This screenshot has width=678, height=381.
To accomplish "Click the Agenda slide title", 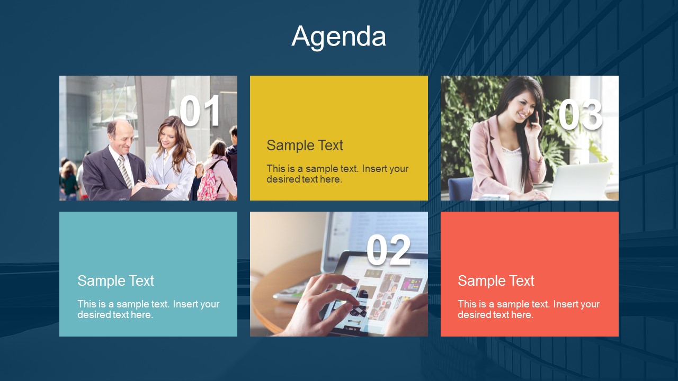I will tap(339, 37).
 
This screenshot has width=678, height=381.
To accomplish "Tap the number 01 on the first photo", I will tap(200, 112).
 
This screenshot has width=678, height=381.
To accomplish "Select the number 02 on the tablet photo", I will tap(388, 250).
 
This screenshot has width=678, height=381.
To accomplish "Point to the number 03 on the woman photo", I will tap(580, 115).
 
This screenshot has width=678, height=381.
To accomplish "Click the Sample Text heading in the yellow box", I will tap(305, 145).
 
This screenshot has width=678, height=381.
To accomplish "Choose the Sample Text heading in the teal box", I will tap(115, 280).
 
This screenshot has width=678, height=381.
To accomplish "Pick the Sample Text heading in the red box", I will tap(496, 280).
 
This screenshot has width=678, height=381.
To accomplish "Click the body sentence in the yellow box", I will tap(337, 174).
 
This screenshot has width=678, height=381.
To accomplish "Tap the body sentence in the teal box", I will tap(148, 309).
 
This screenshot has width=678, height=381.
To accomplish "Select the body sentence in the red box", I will tap(529, 309).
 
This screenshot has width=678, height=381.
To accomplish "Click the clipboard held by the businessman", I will tap(151, 193).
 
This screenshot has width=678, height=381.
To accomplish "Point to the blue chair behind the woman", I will tap(460, 188).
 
